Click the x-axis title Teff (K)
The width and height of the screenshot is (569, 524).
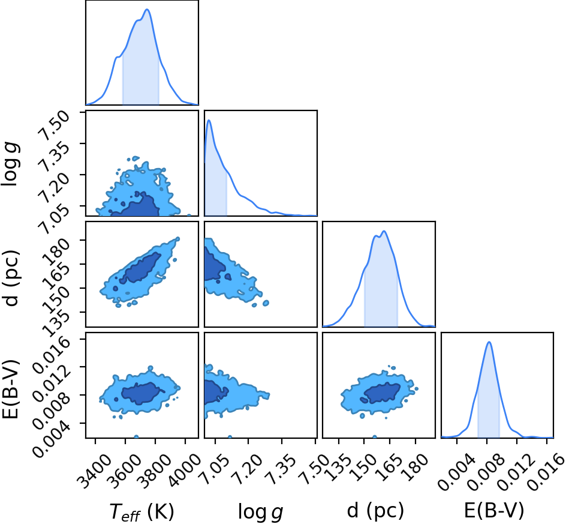(142, 511)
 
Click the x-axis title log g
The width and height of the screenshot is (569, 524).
(260, 511)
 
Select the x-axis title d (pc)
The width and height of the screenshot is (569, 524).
(375, 511)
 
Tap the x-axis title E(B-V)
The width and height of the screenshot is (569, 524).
(494, 511)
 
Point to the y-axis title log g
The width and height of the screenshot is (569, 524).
(10, 164)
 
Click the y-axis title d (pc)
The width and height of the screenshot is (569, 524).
(10, 278)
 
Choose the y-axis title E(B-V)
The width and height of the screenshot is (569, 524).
(10, 389)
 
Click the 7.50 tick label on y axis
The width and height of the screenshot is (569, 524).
(55, 125)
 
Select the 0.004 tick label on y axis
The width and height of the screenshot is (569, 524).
(51, 441)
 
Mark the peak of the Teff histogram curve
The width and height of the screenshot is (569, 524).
(147, 9)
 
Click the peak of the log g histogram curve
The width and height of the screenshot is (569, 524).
(209, 120)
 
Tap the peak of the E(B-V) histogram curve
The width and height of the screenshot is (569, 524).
(489, 342)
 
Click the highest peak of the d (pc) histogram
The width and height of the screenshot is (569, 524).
(384, 230)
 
